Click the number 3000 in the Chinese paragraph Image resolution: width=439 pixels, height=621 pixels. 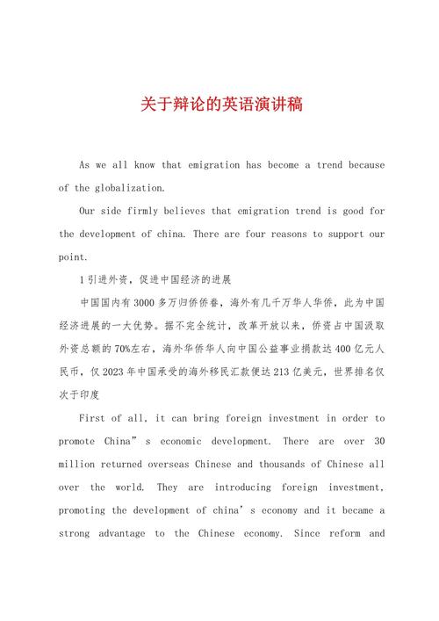pos(136,302)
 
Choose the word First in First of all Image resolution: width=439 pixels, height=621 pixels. pos(95,418)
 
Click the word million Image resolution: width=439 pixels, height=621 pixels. pos(81,464)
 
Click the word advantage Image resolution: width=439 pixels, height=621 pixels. pos(126,532)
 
